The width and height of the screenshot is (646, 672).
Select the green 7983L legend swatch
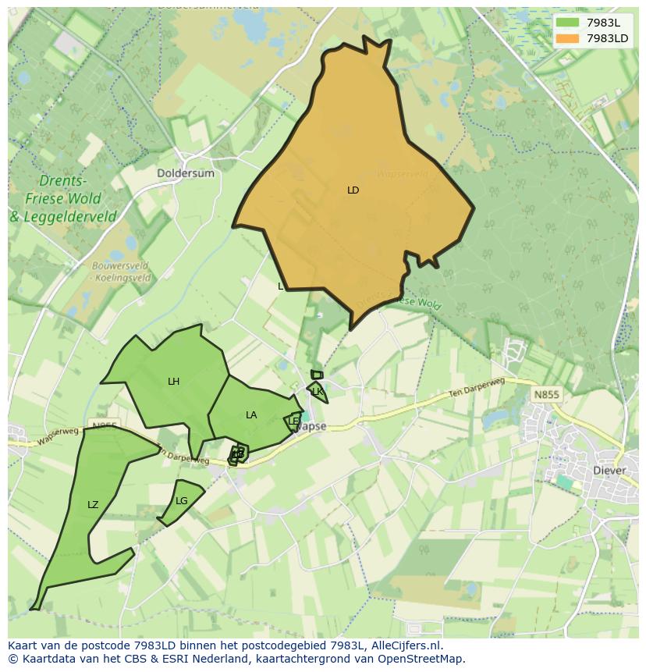(567, 23)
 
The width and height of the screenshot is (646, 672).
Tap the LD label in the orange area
(353, 190)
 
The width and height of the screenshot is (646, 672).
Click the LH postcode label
(173, 382)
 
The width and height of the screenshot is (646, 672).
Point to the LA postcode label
(251, 415)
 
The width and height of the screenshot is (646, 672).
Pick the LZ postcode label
(93, 505)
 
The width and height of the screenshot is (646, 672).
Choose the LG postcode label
(182, 501)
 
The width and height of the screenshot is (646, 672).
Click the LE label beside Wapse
(293, 421)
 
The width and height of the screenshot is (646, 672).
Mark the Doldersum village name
(185, 173)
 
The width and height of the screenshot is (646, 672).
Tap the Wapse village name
(312, 427)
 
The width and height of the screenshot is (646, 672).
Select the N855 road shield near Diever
(546, 395)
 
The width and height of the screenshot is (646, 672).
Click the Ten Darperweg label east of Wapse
(477, 388)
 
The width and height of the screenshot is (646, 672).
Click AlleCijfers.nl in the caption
(406, 645)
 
